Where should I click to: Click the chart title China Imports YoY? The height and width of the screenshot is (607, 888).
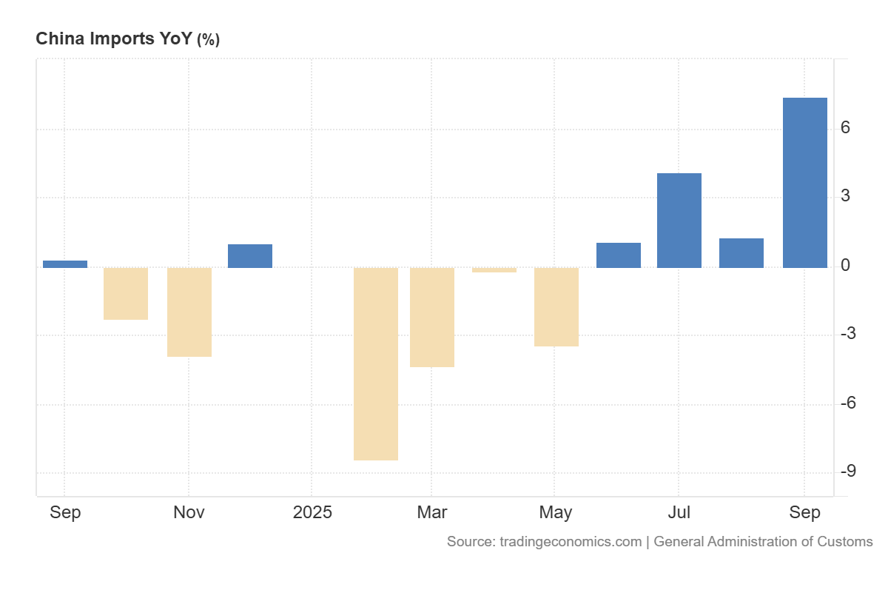(x=114, y=39)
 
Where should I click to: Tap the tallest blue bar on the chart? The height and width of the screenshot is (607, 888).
(x=804, y=182)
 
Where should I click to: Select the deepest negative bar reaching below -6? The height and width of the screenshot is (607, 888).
(x=376, y=363)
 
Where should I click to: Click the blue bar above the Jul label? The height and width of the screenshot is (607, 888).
(x=679, y=220)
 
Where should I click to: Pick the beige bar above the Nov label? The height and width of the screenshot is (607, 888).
(x=189, y=312)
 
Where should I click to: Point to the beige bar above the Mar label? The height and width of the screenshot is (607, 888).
(x=432, y=317)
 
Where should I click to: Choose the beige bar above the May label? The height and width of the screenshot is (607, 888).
(x=556, y=306)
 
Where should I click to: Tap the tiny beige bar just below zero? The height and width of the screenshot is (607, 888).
(x=494, y=270)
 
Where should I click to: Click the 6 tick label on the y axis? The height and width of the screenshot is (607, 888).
(x=845, y=128)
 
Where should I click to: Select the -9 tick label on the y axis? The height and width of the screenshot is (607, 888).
(x=848, y=472)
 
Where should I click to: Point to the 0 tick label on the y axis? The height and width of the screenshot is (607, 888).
(x=845, y=265)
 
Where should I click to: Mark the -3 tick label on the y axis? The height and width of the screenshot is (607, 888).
(x=848, y=334)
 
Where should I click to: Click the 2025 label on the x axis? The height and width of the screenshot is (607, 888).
(x=312, y=512)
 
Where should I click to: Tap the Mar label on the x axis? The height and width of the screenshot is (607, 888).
(x=432, y=512)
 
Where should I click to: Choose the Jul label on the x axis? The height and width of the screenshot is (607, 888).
(x=679, y=512)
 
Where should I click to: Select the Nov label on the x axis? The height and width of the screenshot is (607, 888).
(x=189, y=512)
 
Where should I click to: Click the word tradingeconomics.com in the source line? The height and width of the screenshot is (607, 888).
(x=571, y=541)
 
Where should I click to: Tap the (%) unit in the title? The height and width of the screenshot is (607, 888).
(x=208, y=40)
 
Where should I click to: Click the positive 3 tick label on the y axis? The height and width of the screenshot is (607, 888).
(x=845, y=197)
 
